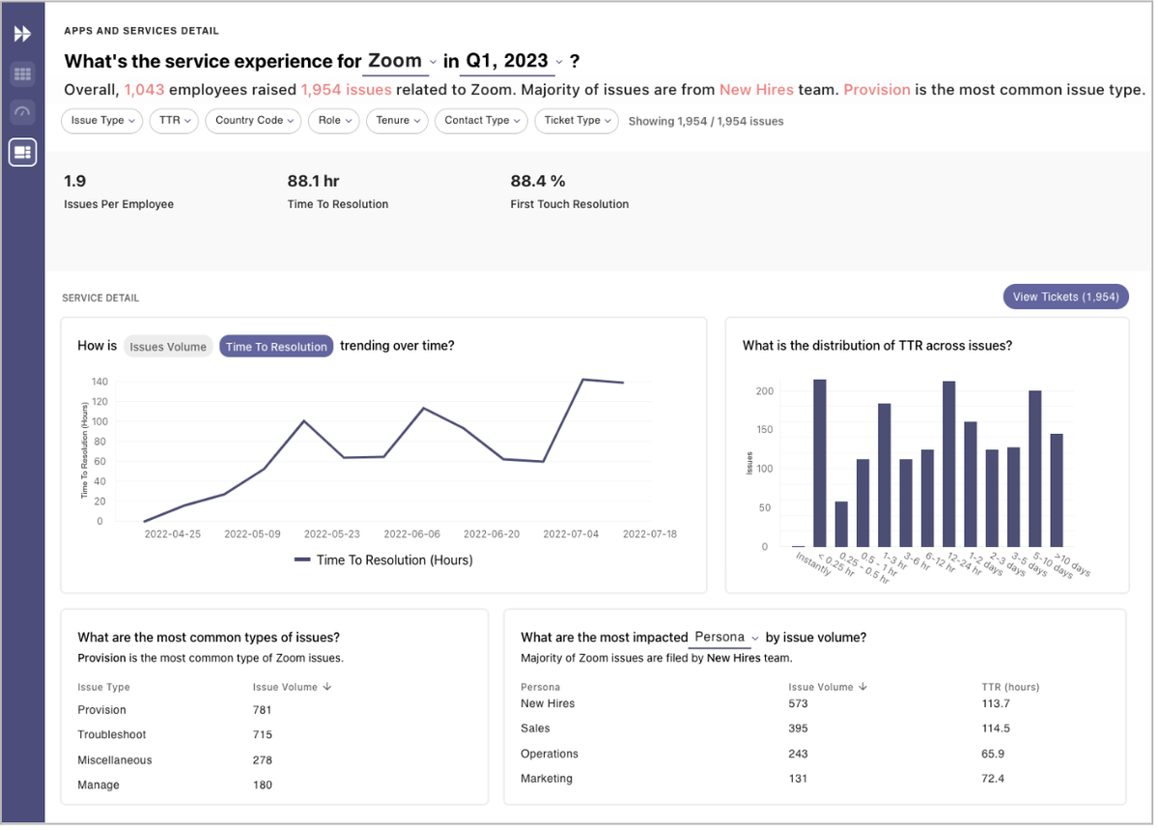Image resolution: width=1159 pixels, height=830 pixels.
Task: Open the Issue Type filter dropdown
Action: coord(102,121)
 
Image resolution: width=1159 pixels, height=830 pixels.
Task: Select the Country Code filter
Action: coord(253,121)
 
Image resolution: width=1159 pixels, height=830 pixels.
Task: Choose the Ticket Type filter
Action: coord(576,121)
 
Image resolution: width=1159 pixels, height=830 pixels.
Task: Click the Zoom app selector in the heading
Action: coord(402,61)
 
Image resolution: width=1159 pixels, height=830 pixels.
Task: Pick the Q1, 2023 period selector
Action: coord(511,61)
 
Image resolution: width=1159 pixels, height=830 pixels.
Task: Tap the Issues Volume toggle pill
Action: coord(168,347)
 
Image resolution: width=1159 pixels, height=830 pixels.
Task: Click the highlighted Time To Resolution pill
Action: coord(276,347)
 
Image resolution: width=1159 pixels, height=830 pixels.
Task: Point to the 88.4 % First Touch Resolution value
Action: coord(538,181)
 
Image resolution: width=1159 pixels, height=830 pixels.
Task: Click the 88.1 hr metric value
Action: coord(313,181)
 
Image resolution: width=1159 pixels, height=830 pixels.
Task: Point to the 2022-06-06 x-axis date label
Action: coord(411,533)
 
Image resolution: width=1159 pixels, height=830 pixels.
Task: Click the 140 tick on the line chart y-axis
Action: coord(99,382)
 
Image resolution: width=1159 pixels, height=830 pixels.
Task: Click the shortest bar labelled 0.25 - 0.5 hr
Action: coord(841,524)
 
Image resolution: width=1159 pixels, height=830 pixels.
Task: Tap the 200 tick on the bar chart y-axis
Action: coord(765,391)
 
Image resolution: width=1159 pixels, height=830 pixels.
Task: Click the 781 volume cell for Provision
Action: coord(263,710)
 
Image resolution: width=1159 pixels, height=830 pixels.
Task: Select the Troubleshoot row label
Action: coord(112,735)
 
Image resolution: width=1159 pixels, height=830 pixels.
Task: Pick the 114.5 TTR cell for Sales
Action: coord(996,729)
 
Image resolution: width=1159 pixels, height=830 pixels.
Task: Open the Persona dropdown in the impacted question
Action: coord(725,638)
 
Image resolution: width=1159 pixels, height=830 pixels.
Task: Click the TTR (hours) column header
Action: coord(1010,687)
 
